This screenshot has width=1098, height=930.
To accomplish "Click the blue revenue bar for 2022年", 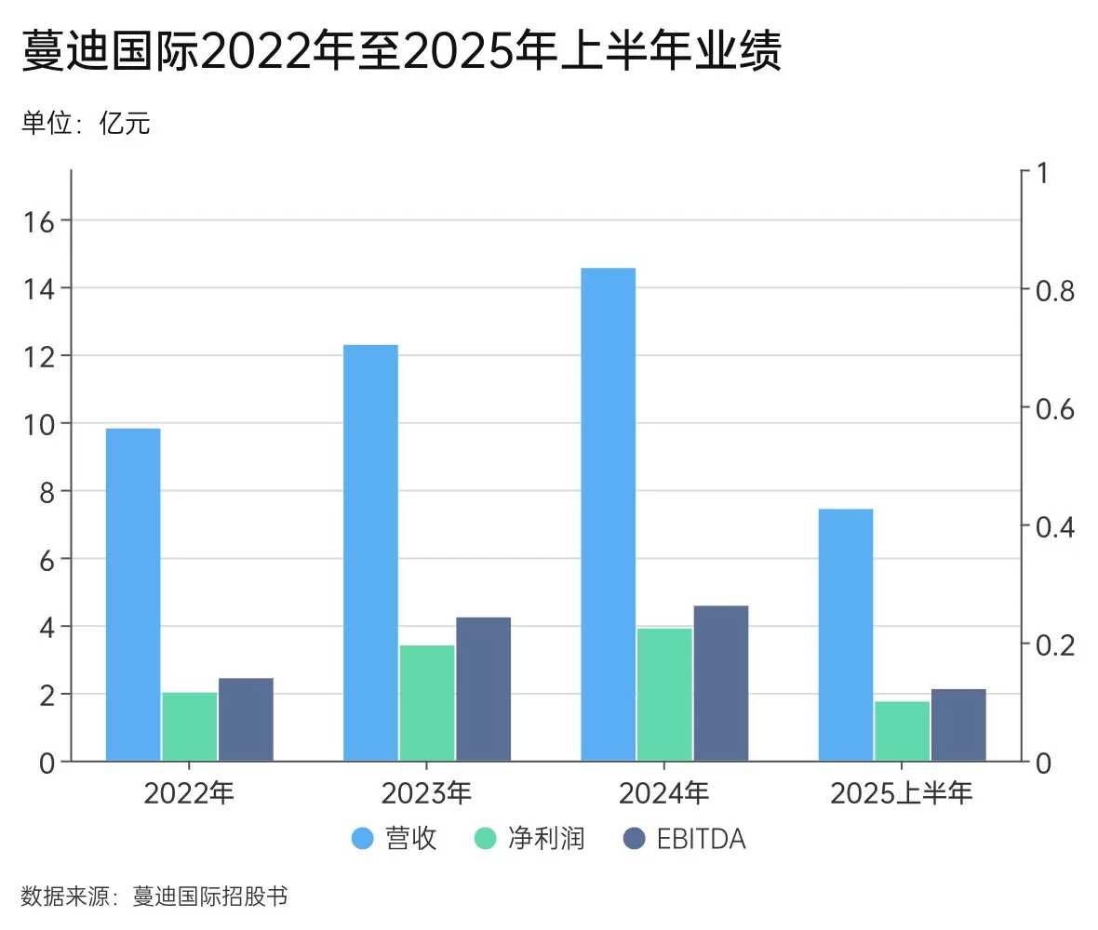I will (133, 594).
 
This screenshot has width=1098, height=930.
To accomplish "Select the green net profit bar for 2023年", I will (427, 702).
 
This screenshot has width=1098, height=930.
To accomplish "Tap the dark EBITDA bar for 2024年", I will (721, 683).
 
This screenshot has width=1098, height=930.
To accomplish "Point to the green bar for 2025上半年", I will (903, 731).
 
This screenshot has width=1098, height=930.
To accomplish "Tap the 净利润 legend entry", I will (529, 838).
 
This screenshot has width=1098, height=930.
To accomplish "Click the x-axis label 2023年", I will (427, 793).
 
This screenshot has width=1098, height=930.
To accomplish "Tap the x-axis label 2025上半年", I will (902, 793).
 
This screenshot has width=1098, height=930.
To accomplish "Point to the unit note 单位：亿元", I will (86, 124).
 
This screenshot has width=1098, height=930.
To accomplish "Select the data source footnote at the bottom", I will (154, 897).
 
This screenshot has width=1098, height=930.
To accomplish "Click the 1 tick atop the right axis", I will (1041, 173).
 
